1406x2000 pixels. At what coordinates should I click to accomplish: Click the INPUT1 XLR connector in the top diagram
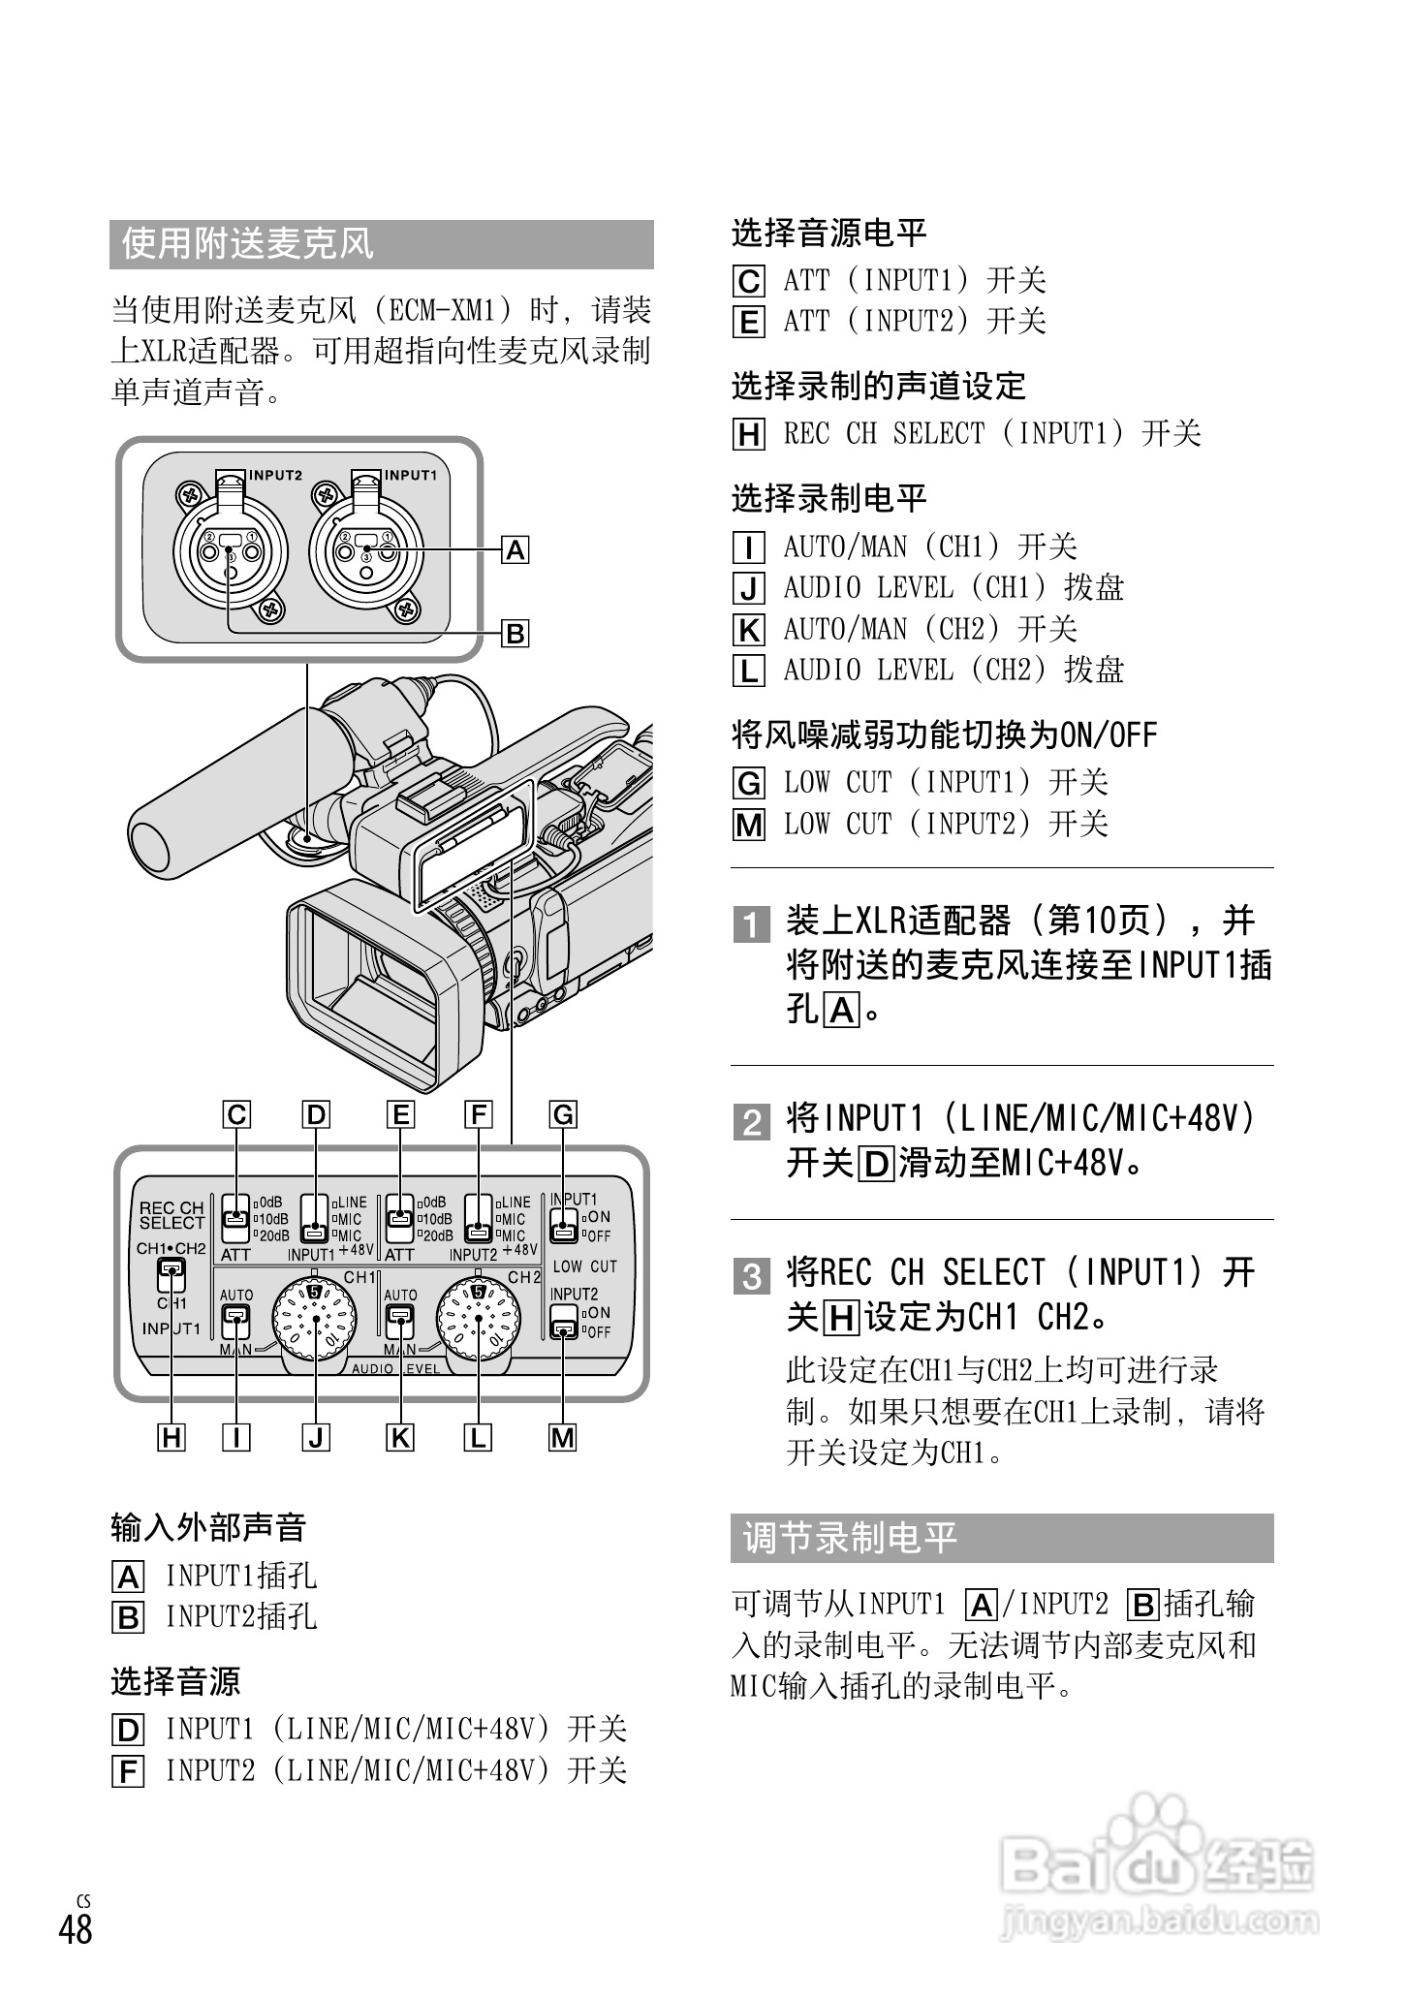(x=366, y=552)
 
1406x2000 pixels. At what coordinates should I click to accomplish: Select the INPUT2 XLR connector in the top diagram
(x=230, y=552)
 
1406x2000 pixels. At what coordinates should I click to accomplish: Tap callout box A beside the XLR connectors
(x=516, y=550)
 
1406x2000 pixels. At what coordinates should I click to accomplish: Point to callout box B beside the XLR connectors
(x=516, y=634)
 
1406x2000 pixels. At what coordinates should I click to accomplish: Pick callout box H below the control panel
(x=172, y=1438)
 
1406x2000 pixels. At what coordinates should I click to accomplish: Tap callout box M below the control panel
(x=563, y=1438)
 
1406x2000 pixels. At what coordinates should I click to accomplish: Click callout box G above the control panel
(x=563, y=1115)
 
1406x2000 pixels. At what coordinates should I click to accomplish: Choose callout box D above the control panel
(x=316, y=1115)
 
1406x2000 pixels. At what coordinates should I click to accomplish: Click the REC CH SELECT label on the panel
(x=172, y=1215)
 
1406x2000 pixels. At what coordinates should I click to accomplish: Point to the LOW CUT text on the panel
(x=584, y=1266)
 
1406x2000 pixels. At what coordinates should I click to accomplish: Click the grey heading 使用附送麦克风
(x=382, y=244)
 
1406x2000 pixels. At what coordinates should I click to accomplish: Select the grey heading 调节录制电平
(x=1001, y=1538)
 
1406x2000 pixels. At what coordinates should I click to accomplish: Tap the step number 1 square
(x=751, y=924)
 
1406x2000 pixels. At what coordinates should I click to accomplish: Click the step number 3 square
(x=751, y=1276)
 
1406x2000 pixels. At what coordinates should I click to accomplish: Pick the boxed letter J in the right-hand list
(x=749, y=588)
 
